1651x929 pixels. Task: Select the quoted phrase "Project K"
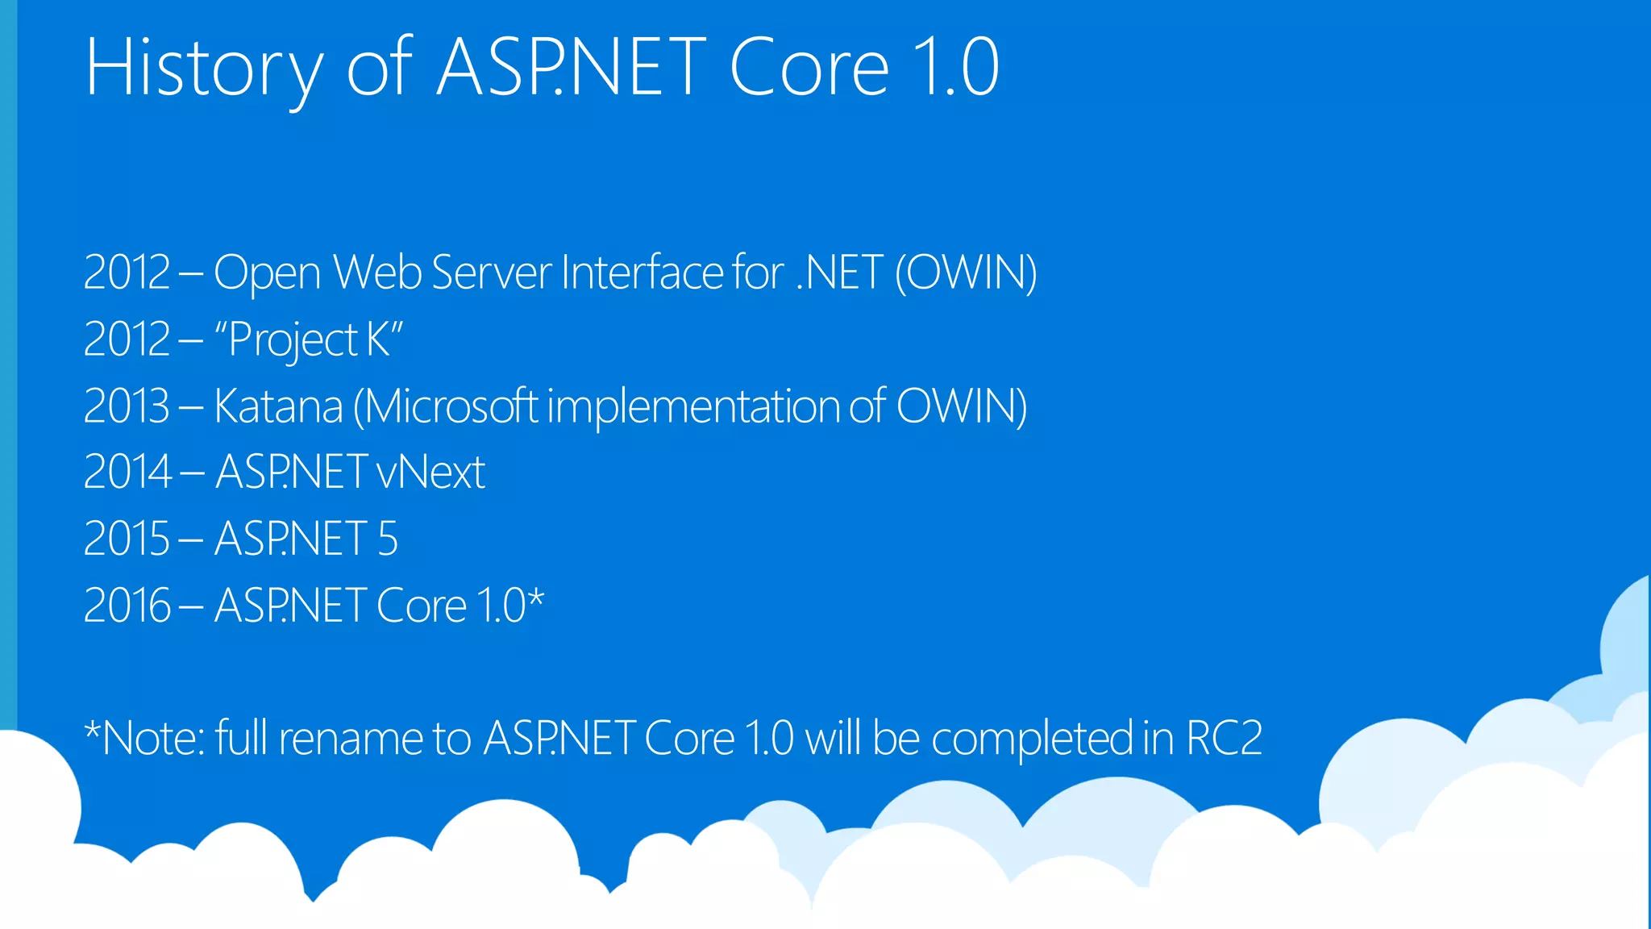point(308,340)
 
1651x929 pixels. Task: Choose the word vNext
point(430,473)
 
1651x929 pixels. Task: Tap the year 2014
point(127,473)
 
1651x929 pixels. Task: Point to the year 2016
point(127,606)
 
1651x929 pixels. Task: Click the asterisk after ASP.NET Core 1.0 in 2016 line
point(536,599)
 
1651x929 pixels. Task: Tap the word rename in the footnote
point(351,739)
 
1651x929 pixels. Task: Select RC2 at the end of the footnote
point(1224,739)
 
